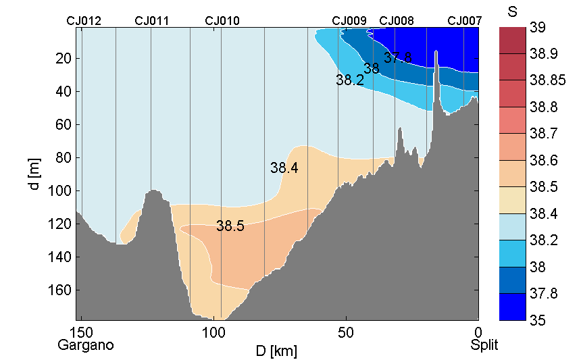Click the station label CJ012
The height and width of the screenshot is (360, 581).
tap(84, 21)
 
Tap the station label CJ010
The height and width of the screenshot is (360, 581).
tap(222, 21)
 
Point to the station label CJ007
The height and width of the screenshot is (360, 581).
tap(465, 21)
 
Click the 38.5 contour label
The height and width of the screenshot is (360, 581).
tap(230, 226)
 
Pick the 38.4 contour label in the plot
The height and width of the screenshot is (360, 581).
tap(284, 168)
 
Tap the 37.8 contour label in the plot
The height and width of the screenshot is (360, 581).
tap(398, 57)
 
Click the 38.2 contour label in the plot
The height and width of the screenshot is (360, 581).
tap(350, 80)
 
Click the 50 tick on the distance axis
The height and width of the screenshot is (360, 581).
tap(346, 332)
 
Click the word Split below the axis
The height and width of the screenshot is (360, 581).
tap(484, 345)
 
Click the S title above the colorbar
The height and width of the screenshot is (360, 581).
tap(511, 11)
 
